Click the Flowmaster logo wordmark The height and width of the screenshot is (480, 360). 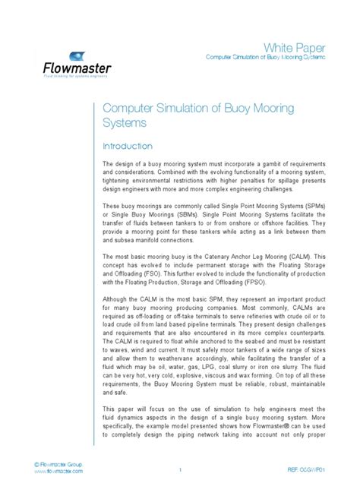(x=77, y=68)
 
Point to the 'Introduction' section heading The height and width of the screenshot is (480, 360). (x=128, y=146)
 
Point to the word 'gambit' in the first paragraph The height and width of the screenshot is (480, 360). (x=256, y=164)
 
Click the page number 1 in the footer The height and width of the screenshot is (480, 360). (x=180, y=470)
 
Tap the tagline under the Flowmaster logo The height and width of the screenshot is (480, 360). (x=77, y=77)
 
